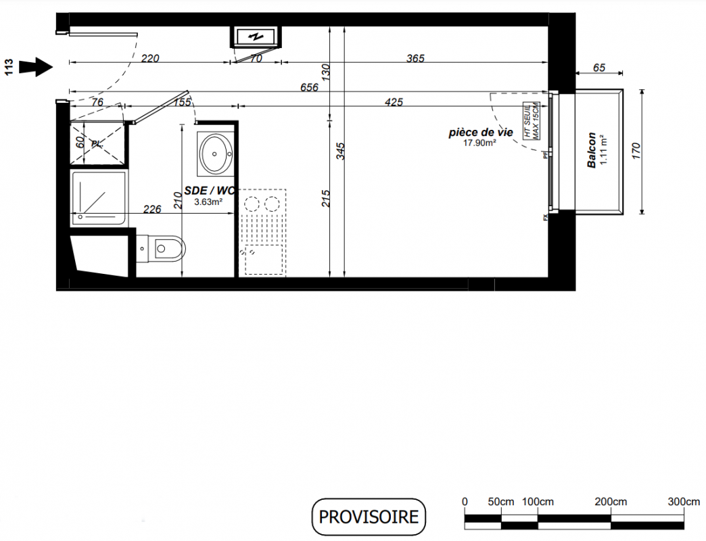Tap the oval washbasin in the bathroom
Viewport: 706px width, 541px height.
216,154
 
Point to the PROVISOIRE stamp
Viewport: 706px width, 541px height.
369,517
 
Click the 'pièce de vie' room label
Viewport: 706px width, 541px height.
481,133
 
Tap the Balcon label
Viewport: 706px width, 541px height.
591,150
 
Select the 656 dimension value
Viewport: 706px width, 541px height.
309,87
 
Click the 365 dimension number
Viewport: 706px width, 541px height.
415,59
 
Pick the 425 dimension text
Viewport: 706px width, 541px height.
394,102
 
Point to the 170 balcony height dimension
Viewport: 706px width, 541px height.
635,151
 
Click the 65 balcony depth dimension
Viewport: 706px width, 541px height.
599,68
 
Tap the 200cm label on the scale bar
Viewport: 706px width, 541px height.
611,501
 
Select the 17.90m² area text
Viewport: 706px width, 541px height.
479,143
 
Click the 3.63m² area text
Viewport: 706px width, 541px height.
208,202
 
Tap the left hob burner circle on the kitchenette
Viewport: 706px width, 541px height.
252,204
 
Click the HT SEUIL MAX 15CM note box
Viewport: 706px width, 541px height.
532,121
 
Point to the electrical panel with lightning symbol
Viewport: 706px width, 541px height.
256,37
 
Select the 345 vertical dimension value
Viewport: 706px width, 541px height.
340,151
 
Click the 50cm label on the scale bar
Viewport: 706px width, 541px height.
500,501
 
